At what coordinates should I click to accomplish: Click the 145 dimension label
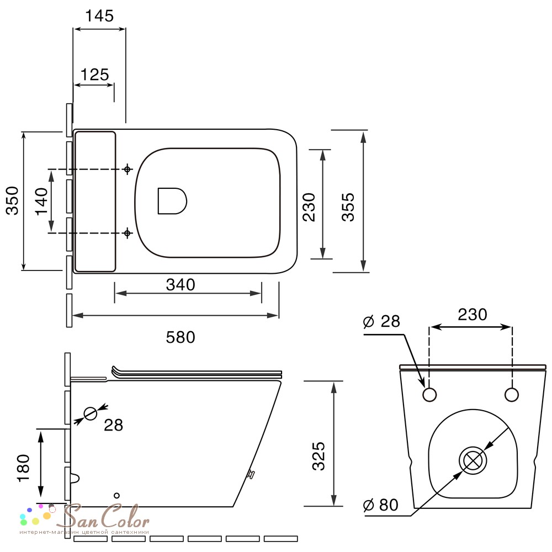[x=99, y=16]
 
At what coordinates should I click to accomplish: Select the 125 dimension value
[x=95, y=75]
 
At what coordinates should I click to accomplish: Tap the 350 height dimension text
[x=13, y=201]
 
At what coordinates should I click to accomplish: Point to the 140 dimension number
[x=41, y=201]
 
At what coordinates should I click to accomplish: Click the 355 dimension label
[x=348, y=206]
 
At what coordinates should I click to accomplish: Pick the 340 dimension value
[x=181, y=284]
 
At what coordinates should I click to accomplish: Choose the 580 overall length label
[x=181, y=337]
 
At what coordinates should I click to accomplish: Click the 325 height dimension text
[x=319, y=457]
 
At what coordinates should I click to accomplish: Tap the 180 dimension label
[x=23, y=468]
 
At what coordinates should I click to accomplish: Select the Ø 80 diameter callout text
[x=380, y=505]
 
